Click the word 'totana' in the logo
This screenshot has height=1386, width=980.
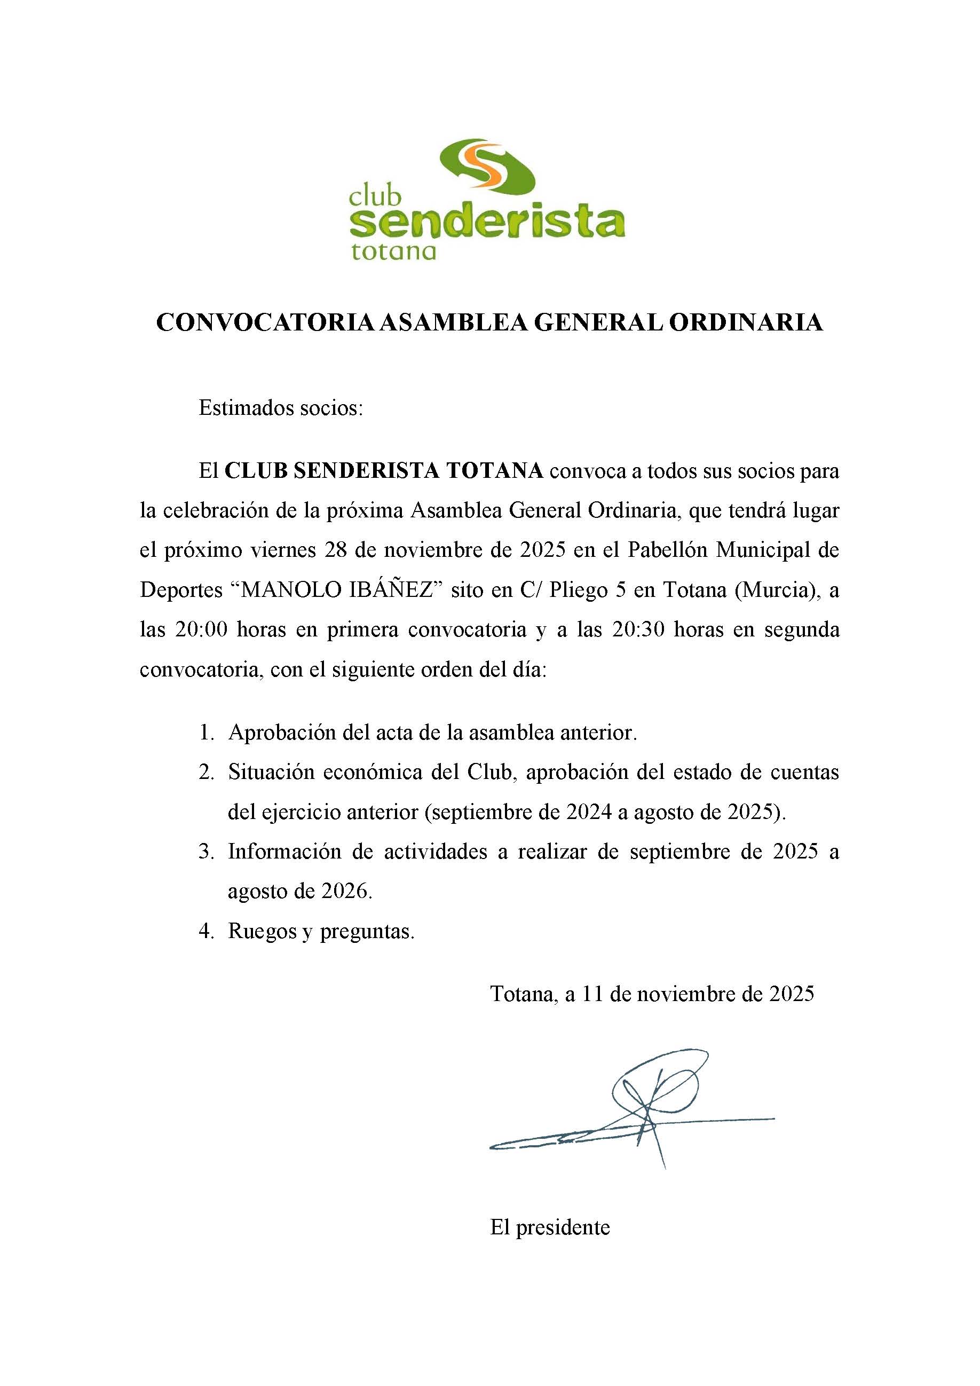click(x=393, y=250)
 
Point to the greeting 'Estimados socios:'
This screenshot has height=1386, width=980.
click(x=281, y=408)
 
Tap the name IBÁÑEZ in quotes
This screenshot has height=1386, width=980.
click(x=393, y=590)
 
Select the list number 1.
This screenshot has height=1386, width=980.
click(x=207, y=734)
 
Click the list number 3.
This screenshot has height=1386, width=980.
click(x=207, y=852)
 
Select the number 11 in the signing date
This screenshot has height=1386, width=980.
click(x=593, y=994)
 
